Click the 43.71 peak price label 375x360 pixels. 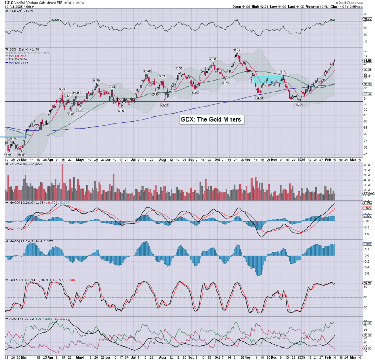(x=237, y=49)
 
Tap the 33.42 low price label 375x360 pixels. (x=298, y=105)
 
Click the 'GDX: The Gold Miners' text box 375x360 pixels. (x=212, y=119)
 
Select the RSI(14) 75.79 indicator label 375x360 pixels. (x=18, y=11)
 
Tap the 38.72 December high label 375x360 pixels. (x=283, y=72)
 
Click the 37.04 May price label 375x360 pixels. (x=96, y=79)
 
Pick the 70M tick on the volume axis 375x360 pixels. (x=366, y=165)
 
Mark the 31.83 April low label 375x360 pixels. (x=71, y=114)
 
